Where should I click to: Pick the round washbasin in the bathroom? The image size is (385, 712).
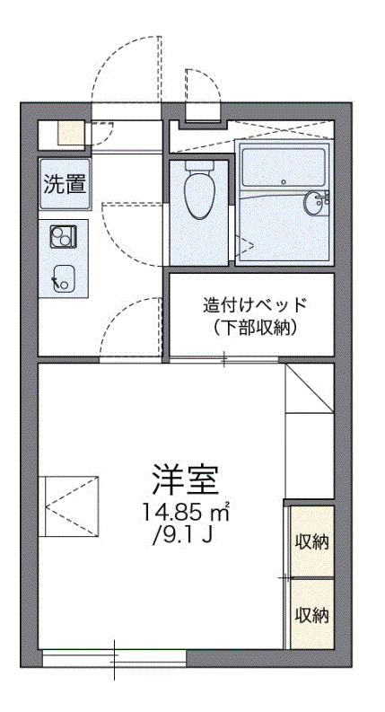316,203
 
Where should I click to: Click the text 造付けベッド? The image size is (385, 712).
255,303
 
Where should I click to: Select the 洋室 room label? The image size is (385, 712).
186,482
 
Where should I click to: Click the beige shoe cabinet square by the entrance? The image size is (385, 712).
71,134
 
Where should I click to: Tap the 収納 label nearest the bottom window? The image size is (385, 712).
311,615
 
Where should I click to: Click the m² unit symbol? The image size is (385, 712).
221,513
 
